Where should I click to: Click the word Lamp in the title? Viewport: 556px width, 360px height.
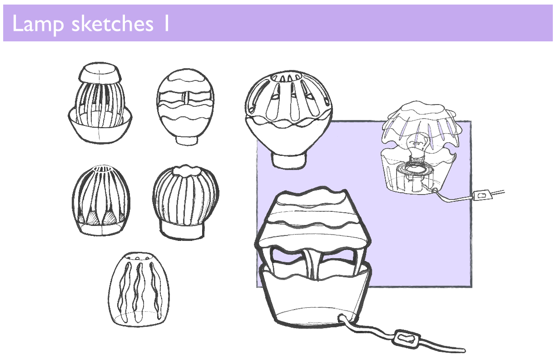[38, 24]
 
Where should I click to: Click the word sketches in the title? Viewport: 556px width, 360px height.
[113, 24]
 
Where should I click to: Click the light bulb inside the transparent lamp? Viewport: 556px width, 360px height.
[418, 147]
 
